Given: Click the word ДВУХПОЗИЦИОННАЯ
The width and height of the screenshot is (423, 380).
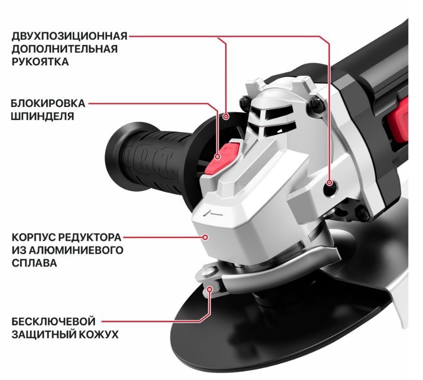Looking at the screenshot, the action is (x=69, y=36).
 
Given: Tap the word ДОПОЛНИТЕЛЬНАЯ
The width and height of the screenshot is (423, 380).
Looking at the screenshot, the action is (x=65, y=49).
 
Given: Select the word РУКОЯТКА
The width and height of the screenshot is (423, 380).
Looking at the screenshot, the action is (x=40, y=62).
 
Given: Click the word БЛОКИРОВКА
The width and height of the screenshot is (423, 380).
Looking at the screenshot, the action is (x=48, y=103).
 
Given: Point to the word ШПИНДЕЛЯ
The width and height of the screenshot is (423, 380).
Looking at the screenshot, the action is (x=42, y=116).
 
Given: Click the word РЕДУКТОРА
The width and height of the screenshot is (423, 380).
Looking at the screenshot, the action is (x=90, y=237).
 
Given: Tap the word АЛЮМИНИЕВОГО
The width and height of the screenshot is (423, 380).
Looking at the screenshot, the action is (x=76, y=250).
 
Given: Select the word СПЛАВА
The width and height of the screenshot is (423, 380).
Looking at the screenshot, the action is (x=34, y=263).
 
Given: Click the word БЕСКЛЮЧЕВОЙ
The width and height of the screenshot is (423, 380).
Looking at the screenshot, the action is (x=53, y=321).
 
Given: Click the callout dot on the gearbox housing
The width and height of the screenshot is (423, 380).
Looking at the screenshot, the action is (x=205, y=237).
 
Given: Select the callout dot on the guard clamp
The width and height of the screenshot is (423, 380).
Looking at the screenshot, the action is (x=209, y=289).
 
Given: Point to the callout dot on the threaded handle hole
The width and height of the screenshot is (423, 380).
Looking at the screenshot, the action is (x=329, y=183).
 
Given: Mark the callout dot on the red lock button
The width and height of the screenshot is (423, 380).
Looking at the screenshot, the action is (x=218, y=157).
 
